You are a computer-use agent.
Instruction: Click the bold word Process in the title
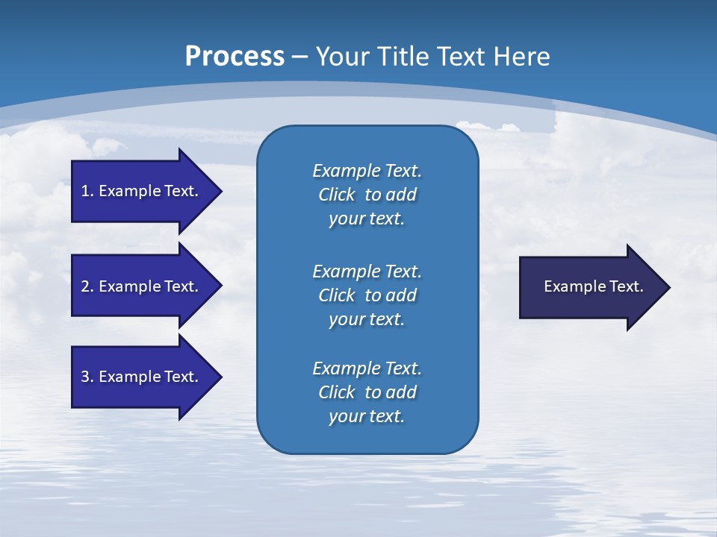point(235,57)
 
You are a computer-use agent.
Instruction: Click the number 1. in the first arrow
point(87,191)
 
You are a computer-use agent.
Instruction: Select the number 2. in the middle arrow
point(87,286)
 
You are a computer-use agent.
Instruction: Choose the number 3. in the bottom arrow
point(87,377)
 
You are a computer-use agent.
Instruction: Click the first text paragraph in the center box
point(367,195)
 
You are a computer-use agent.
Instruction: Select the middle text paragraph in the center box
point(367,295)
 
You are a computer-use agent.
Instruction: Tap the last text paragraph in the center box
point(367,392)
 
